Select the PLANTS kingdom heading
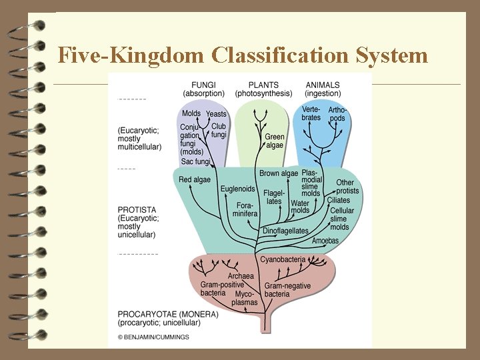pyautogui.click(x=263, y=85)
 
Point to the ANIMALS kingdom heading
pyautogui.click(x=323, y=85)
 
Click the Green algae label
pyautogui.click(x=275, y=141)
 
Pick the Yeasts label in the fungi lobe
pyautogui.click(x=216, y=114)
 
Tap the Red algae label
pyautogui.click(x=194, y=179)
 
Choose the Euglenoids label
pyautogui.click(x=238, y=189)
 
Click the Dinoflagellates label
pyautogui.click(x=285, y=231)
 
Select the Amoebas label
pyautogui.click(x=325, y=241)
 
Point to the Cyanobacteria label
pyautogui.click(x=283, y=259)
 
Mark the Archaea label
pyautogui.click(x=241, y=276)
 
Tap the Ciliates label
pyautogui.click(x=338, y=200)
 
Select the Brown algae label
pyautogui.click(x=279, y=173)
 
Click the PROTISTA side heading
pyautogui.click(x=137, y=210)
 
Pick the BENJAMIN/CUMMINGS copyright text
pyautogui.click(x=153, y=337)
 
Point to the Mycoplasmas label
pyautogui.click(x=245, y=298)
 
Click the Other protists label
pyautogui.click(x=347, y=187)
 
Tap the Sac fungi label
pyautogui.click(x=195, y=161)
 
